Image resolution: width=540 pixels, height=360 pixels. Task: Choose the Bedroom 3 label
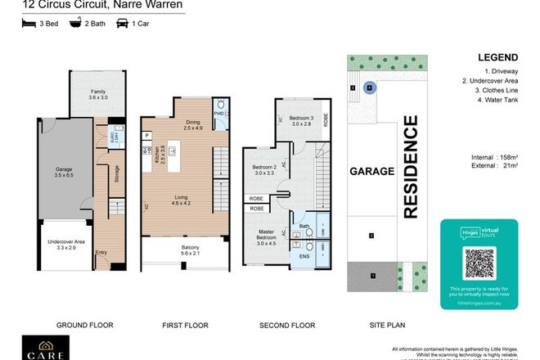[x=300, y=121]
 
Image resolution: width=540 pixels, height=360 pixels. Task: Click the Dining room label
[x=193, y=124]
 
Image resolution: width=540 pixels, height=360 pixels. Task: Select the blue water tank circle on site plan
[x=369, y=86]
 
